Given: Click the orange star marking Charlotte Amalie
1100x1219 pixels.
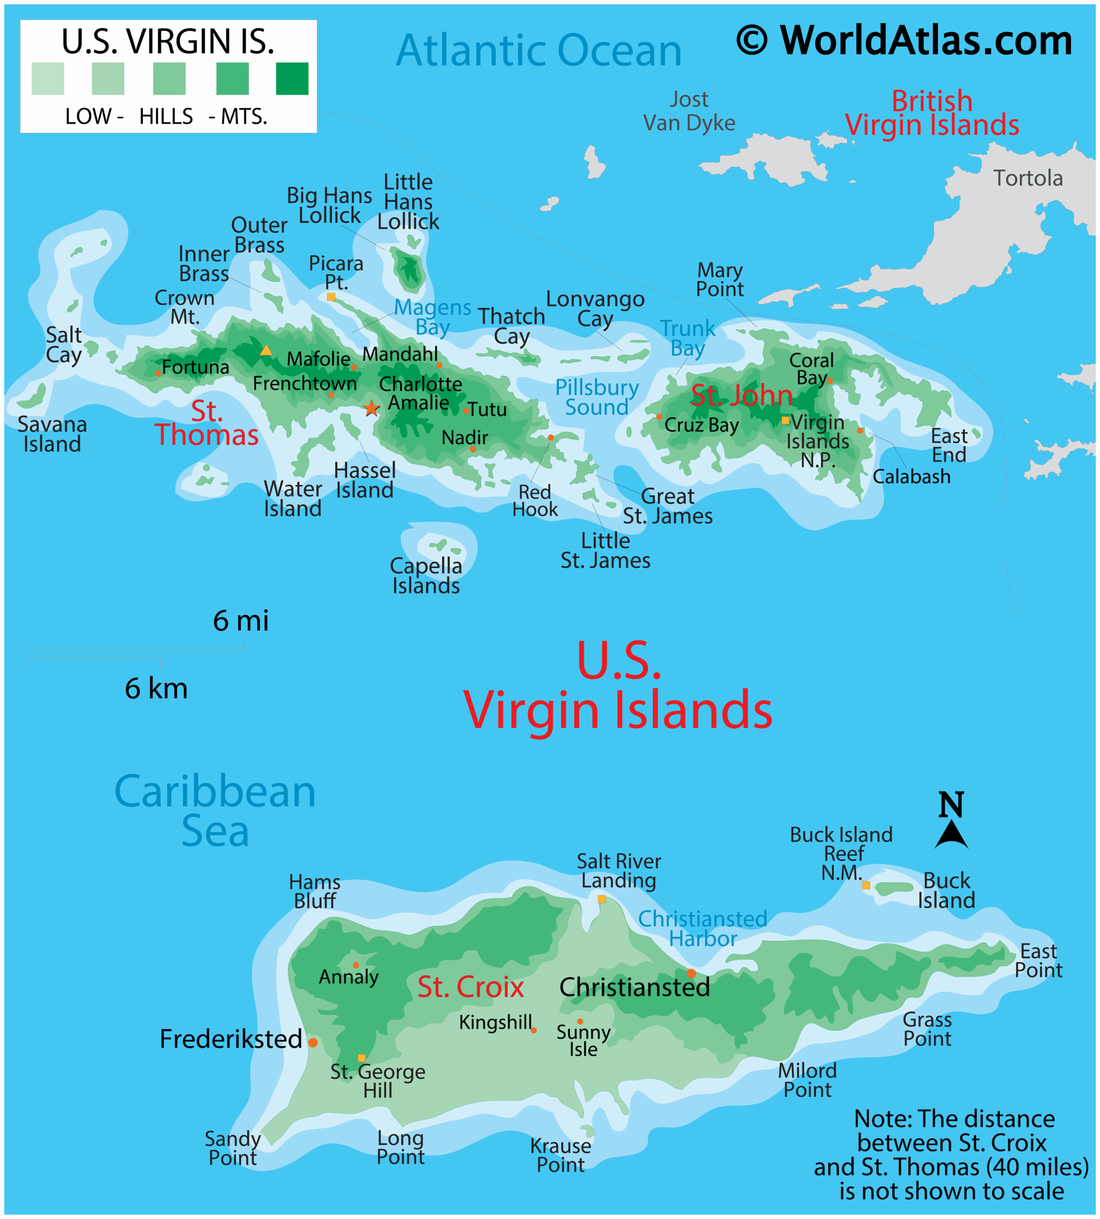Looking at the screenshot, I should pos(371,409).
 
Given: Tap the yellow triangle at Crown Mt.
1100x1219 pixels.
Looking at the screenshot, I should pos(265,350).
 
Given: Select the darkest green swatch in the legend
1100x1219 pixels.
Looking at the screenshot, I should pos(292,79).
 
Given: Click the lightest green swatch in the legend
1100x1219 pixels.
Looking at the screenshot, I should pos(48,79).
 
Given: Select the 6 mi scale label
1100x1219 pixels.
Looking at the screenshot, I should pos(240,620).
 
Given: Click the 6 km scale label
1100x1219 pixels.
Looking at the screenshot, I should pos(156,689).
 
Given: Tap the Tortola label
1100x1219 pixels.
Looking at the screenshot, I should pos(1028,178).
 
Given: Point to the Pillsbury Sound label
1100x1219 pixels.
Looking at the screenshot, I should pos(597,397).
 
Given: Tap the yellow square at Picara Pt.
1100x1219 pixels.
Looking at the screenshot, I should pos(330,297).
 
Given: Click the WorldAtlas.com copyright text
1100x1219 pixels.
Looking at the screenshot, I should pos(904,40).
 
